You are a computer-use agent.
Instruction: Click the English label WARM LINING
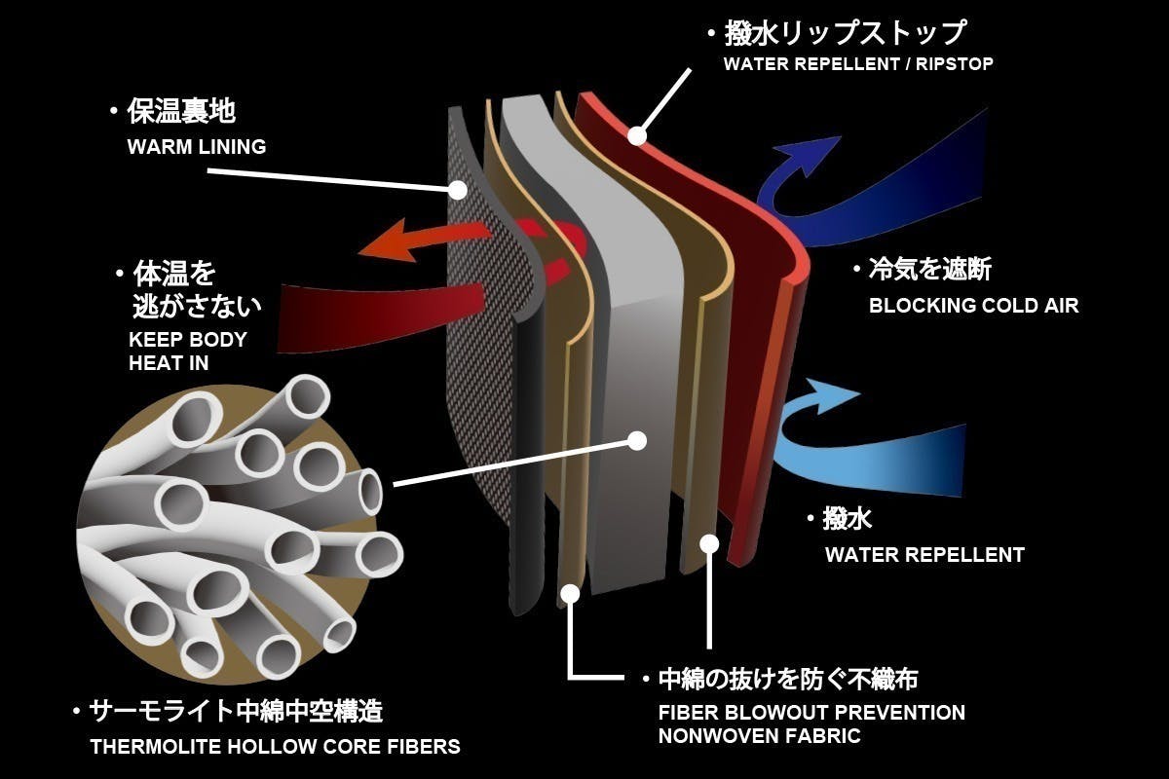[196, 146]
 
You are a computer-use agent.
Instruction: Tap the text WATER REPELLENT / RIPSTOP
[857, 64]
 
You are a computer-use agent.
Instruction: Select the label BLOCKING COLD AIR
[973, 305]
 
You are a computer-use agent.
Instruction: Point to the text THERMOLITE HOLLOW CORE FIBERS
[275, 747]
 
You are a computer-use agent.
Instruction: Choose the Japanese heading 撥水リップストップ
[845, 33]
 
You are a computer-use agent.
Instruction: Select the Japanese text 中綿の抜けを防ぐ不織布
[789, 678]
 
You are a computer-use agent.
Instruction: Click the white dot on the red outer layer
[637, 135]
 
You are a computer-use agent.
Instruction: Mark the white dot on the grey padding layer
[637, 440]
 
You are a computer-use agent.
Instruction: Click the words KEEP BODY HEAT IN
[188, 352]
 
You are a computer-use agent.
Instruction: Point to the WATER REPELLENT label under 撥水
[924, 555]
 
